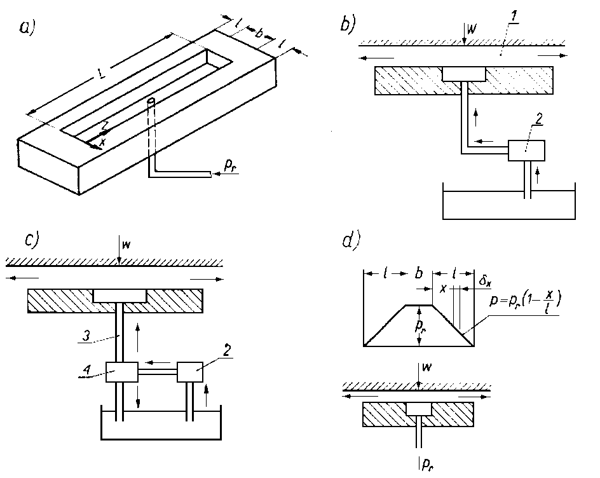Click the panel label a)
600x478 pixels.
pyautogui.click(x=27, y=28)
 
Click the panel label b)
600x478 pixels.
pyautogui.click(x=348, y=25)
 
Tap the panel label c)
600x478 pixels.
pyautogui.click(x=31, y=240)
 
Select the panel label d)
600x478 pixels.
pyautogui.click(x=350, y=240)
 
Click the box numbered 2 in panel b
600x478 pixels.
pyautogui.click(x=526, y=151)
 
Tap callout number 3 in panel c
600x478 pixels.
pyautogui.click(x=87, y=336)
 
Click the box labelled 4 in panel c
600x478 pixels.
pyautogui.click(x=121, y=372)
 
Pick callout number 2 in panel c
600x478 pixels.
pyautogui.click(x=226, y=351)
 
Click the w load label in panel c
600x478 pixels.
pyautogui.click(x=126, y=245)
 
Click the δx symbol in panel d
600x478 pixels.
pyautogui.click(x=485, y=282)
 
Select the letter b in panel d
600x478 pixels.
pyautogui.click(x=419, y=273)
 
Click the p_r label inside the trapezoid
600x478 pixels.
pyautogui.click(x=420, y=328)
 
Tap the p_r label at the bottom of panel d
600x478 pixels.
pyautogui.click(x=427, y=464)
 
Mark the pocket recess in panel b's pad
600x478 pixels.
pyautogui.click(x=464, y=74)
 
